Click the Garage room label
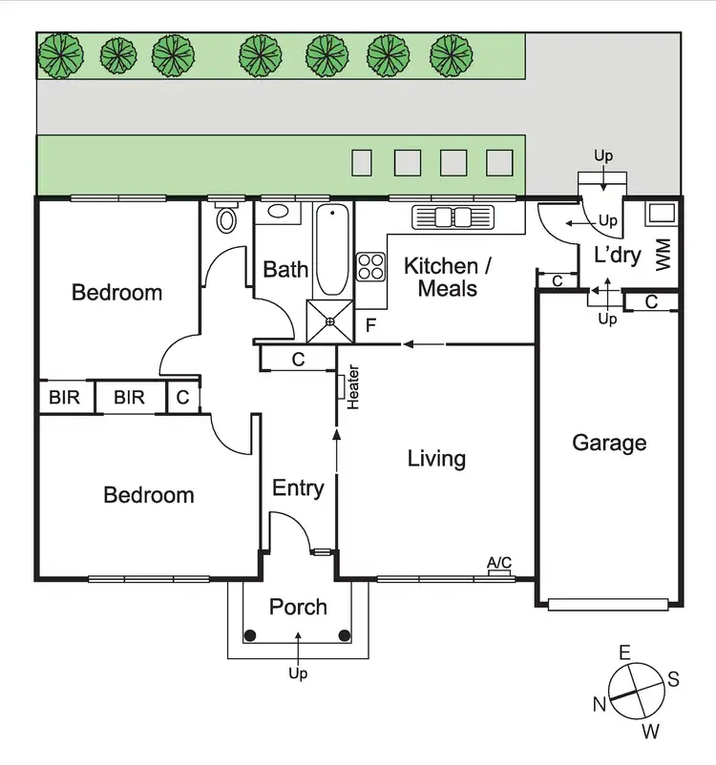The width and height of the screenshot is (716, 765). tap(608, 443)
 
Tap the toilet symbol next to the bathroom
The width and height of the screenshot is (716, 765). tap(227, 218)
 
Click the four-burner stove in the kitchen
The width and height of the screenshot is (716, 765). tap(370, 266)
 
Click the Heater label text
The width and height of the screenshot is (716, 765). tap(352, 387)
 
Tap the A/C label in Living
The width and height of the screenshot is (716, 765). tap(498, 564)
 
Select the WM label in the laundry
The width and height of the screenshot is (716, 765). tap(664, 254)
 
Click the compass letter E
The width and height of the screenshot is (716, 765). tap(625, 653)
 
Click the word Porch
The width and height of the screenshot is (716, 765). tap(298, 607)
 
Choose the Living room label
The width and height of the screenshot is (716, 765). tap(436, 459)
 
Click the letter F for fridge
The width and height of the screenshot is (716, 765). tap(370, 326)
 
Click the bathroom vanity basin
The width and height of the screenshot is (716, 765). tap(280, 212)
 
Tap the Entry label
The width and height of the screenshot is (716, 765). tap(298, 488)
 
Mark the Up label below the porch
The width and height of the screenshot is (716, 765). tap(298, 673)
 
